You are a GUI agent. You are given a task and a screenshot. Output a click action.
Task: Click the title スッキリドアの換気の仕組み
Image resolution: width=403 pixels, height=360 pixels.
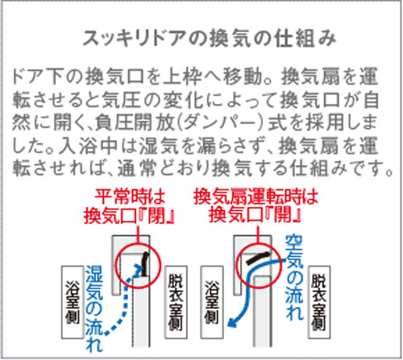coord(210,39)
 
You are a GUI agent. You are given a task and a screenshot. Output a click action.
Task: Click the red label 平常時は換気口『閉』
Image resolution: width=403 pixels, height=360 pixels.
coord(130,206)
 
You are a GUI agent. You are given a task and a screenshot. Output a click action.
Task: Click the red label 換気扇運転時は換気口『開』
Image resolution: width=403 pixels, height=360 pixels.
coord(256,206)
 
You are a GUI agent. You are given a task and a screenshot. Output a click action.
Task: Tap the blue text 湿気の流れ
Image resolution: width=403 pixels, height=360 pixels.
coord(94,308)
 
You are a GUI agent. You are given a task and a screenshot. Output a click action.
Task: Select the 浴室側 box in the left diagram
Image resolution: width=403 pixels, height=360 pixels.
coord(73,302)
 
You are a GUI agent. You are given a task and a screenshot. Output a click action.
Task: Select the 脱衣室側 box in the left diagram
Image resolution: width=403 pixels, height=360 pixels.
coord(176,302)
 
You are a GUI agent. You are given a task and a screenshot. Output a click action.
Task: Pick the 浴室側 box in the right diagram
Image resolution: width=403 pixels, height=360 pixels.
coord(212,302)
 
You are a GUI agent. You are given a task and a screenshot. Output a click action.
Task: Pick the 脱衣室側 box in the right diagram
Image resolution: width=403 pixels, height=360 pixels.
coord(319,302)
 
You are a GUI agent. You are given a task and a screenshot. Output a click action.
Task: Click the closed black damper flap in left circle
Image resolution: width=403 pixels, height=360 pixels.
coord(145,264)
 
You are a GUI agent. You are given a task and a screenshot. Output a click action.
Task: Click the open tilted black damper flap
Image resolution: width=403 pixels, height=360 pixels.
coord(258,258)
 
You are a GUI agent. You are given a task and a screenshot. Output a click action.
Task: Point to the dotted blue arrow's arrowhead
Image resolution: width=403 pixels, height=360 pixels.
coord(139,269)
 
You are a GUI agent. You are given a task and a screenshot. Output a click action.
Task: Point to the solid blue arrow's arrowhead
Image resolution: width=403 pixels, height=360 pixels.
coord(233,322)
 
